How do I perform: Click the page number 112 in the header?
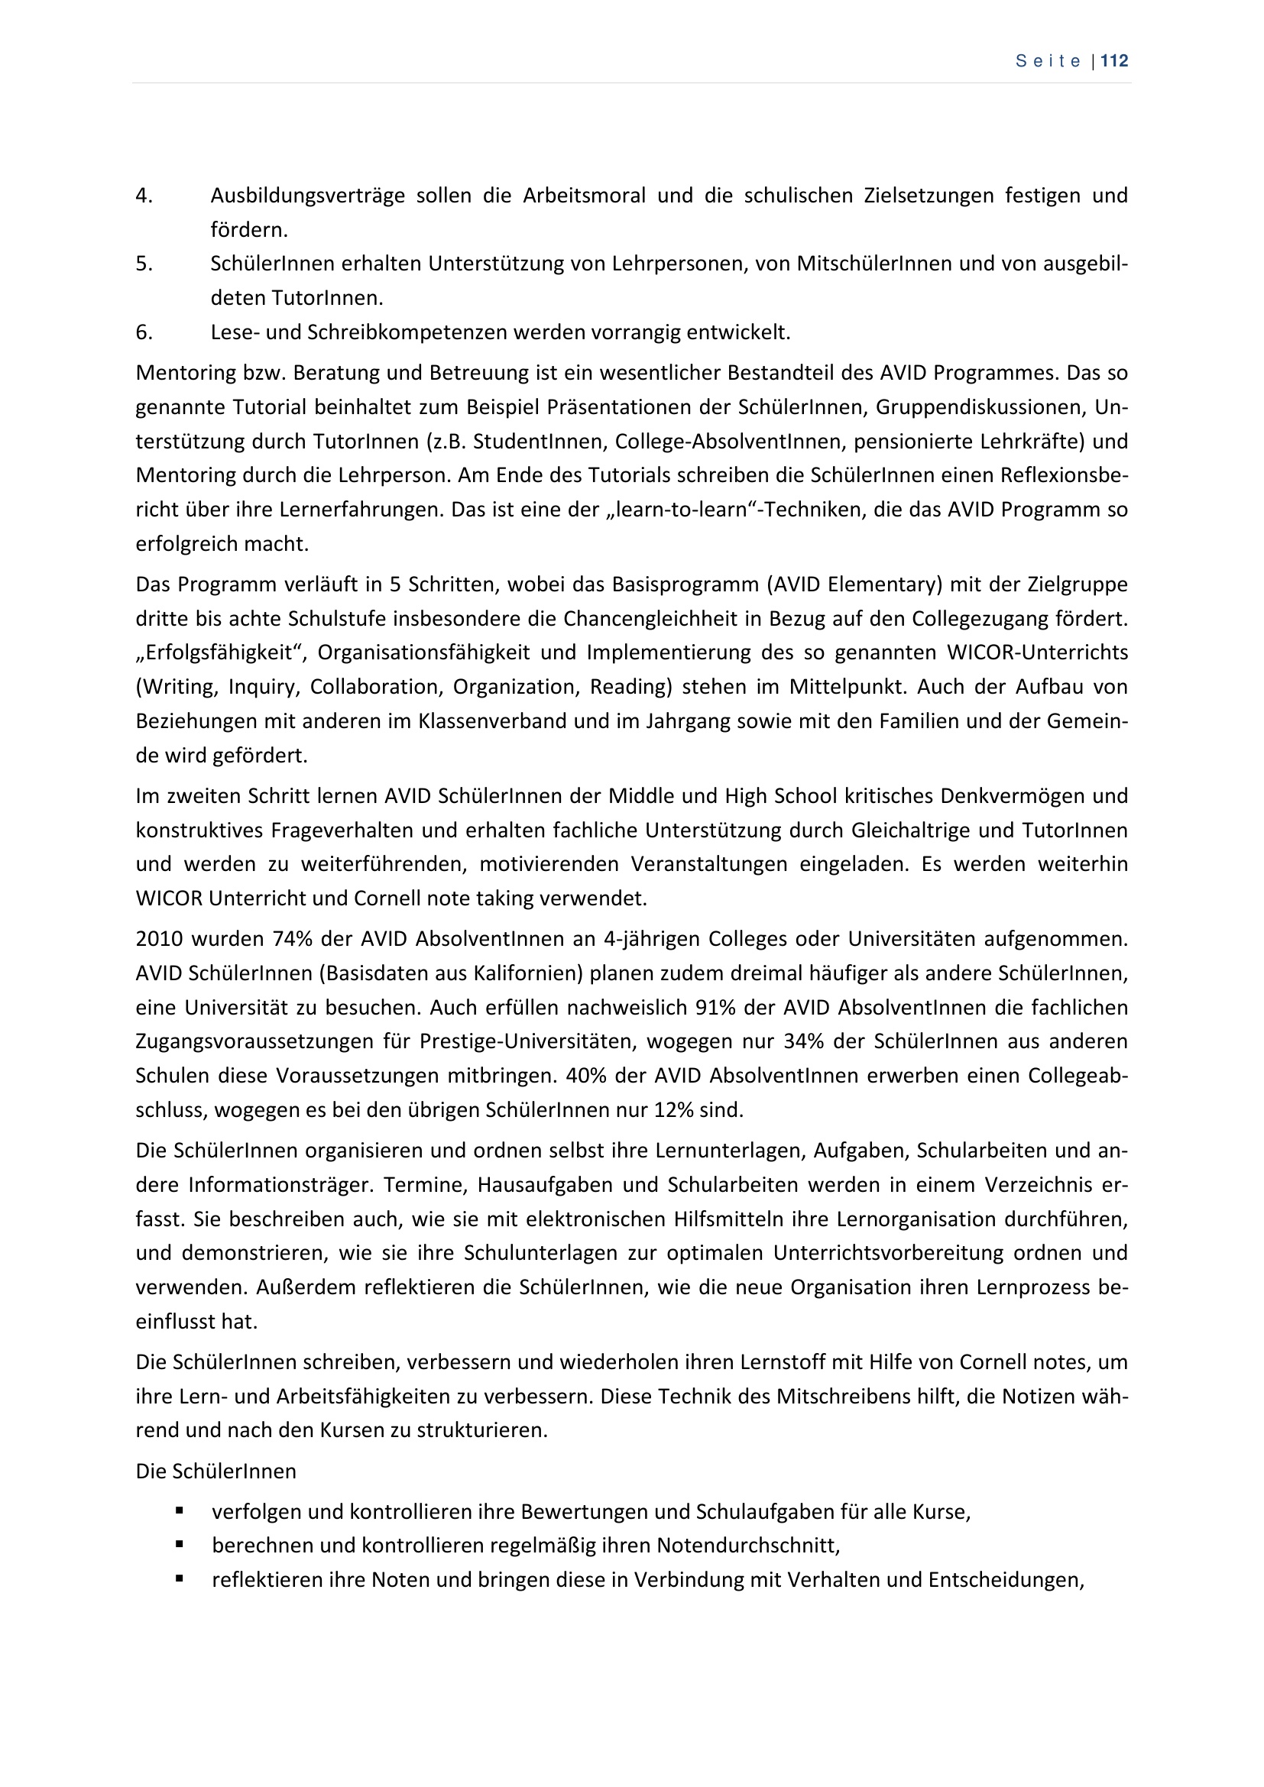1114,61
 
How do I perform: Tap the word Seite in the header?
1048,62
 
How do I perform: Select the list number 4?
144,196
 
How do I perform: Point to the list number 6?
144,332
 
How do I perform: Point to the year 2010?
159,939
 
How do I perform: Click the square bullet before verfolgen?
180,1510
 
